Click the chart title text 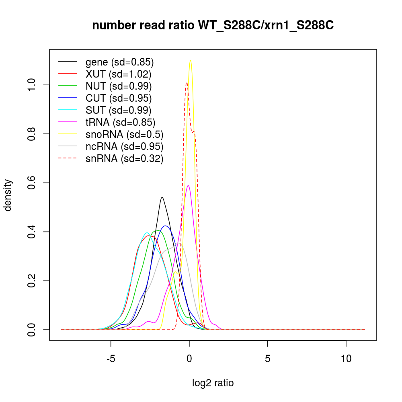pos(213,26)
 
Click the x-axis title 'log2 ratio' pos(213,383)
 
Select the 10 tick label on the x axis pos(346,358)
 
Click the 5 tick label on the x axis pos(268,358)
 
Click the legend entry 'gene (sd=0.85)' pos(119,62)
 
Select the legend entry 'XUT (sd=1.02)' pos(118,74)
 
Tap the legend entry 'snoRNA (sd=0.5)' pos(124,135)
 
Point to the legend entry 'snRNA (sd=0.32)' pos(124,159)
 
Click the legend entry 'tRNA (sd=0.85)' pos(120,123)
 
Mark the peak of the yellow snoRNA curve pos(190,60)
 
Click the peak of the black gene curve pos(162,197)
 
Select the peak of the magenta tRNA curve pos(188,186)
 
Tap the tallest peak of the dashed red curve pos(187,83)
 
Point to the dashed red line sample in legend pos(68,159)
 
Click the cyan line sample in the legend pos(68,111)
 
